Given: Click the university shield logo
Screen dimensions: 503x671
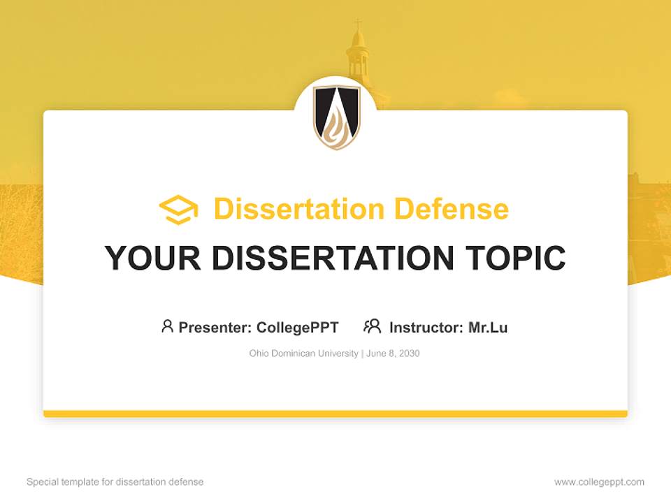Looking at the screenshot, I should [x=335, y=117].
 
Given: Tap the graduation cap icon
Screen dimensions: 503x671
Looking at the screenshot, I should [x=178, y=210].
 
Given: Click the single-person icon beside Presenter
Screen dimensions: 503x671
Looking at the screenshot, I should [x=167, y=326].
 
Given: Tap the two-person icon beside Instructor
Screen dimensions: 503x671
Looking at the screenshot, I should [x=372, y=326].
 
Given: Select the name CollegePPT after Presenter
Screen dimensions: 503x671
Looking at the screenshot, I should [x=298, y=327].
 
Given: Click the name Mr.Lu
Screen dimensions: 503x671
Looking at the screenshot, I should [x=488, y=327].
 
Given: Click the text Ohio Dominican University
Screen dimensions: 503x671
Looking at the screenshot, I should [x=303, y=353].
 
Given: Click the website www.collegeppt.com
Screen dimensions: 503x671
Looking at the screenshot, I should [x=599, y=482].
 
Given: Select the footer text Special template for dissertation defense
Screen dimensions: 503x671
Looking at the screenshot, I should [x=115, y=482].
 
